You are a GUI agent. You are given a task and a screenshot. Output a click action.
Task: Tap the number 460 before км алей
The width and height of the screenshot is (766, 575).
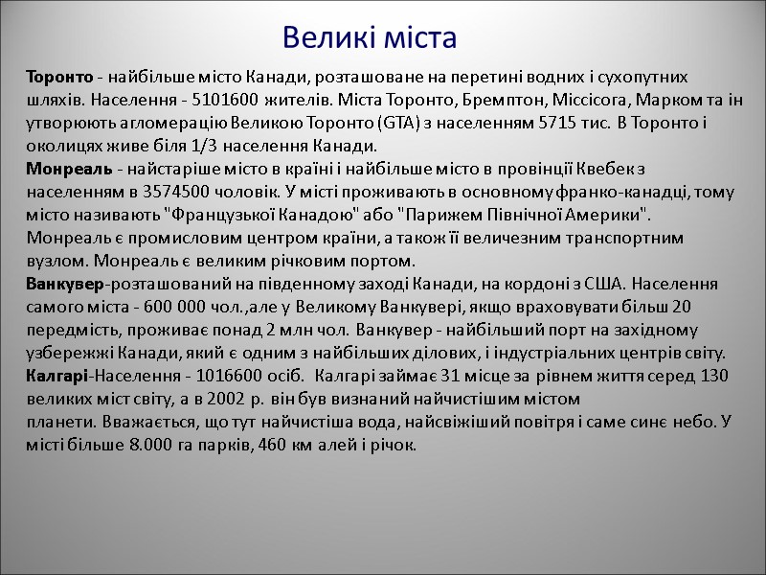[x=274, y=446]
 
